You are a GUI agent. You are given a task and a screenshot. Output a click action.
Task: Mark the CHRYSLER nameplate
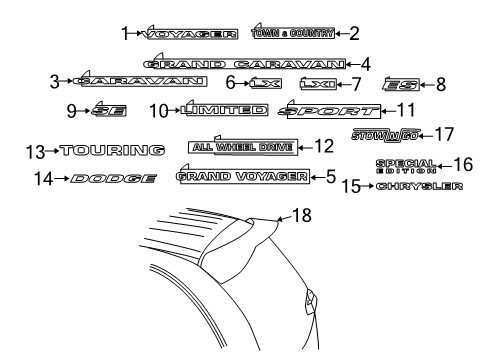click(420, 186)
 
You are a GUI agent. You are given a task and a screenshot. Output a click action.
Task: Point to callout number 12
click(322, 147)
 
